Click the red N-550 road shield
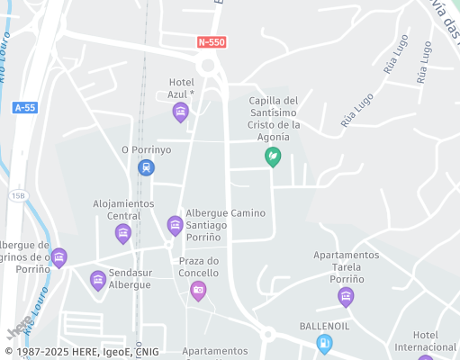pos(212,42)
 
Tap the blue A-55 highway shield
pos(24,108)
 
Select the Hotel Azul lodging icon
pos(181,112)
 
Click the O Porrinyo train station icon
pos(146,167)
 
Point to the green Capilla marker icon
pos(272,157)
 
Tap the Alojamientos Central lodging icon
pos(123,234)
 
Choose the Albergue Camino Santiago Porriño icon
pos(175,225)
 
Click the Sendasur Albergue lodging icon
pos(98,281)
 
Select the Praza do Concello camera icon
pos(198,290)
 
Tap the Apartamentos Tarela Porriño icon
pos(346,296)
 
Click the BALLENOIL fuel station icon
pos(324,343)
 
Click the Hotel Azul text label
pos(182,88)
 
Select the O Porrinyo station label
pos(146,149)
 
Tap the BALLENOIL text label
pos(324,326)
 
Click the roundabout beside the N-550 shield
pos(210,65)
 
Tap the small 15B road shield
pos(20,194)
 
